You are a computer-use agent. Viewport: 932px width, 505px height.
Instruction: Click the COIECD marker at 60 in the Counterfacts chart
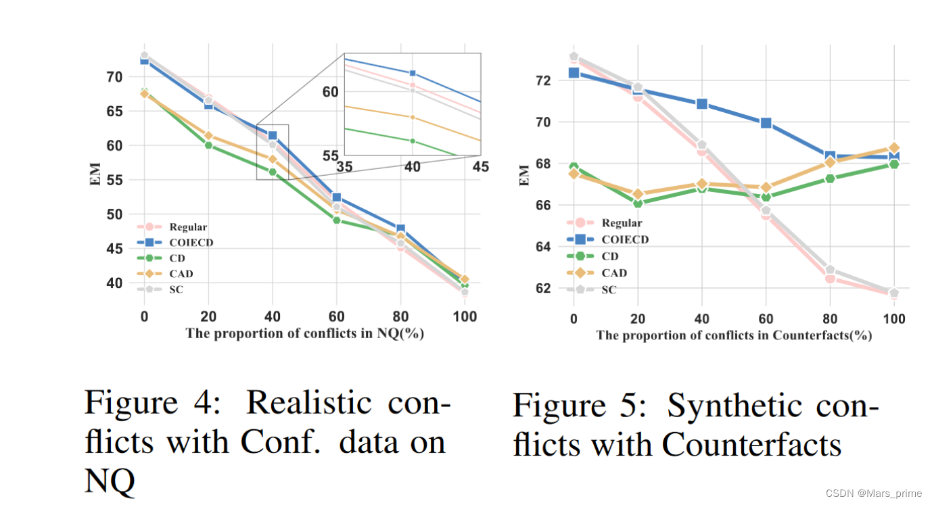[766, 123]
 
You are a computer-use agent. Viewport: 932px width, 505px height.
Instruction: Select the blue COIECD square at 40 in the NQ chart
[273, 136]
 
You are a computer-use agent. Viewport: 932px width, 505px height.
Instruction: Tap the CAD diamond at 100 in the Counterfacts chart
[894, 148]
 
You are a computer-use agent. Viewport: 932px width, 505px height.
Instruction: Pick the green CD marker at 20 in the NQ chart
[208, 145]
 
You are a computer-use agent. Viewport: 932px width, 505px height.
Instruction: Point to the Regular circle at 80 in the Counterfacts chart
[830, 277]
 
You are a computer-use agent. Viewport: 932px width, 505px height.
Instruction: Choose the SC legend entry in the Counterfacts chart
[609, 289]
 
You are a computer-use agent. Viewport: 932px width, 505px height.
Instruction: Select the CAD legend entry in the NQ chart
[181, 274]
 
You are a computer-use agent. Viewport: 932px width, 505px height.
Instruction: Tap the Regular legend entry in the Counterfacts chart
[622, 223]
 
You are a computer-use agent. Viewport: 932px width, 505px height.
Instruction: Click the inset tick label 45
[480, 166]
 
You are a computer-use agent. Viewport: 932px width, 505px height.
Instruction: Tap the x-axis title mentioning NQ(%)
[304, 333]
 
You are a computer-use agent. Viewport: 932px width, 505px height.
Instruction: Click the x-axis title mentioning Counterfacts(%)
[734, 335]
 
